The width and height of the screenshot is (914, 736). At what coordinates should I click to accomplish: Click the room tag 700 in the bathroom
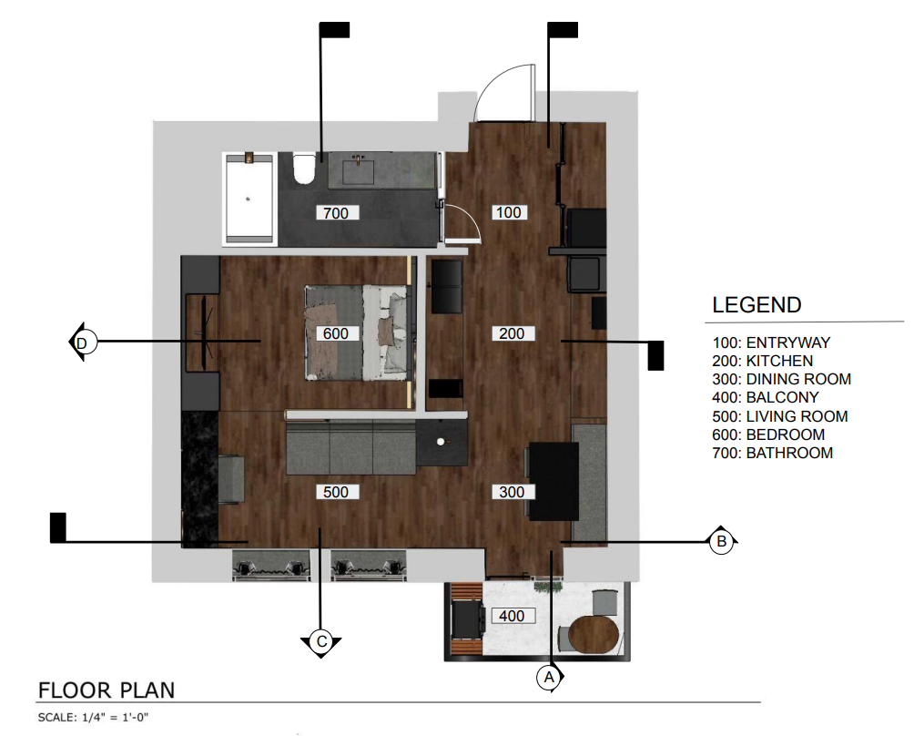click(336, 213)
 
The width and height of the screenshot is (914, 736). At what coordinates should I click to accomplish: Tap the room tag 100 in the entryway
click(508, 212)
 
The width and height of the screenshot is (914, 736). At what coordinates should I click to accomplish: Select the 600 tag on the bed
click(336, 333)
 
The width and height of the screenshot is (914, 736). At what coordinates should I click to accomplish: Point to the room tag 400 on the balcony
click(512, 616)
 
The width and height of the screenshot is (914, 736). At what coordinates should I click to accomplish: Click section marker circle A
click(549, 678)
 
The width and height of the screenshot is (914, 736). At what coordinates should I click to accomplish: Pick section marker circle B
click(722, 542)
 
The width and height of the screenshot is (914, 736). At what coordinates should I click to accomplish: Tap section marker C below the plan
click(321, 642)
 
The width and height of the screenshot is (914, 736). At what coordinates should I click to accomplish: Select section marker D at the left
click(82, 342)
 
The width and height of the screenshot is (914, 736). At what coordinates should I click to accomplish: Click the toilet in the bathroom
click(304, 169)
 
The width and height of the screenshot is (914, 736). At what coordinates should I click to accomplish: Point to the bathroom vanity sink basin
click(358, 172)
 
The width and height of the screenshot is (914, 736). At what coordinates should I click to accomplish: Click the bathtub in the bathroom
click(249, 199)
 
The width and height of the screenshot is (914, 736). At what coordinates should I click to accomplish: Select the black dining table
click(553, 481)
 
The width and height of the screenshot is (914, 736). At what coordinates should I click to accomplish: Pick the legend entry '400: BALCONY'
click(766, 398)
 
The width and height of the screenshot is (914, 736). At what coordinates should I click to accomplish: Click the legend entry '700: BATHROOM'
click(772, 453)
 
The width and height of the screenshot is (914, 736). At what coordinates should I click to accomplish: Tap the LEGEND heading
click(757, 305)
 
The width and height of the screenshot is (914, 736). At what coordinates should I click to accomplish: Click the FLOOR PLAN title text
click(107, 690)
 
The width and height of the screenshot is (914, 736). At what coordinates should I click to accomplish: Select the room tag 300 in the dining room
click(512, 492)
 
